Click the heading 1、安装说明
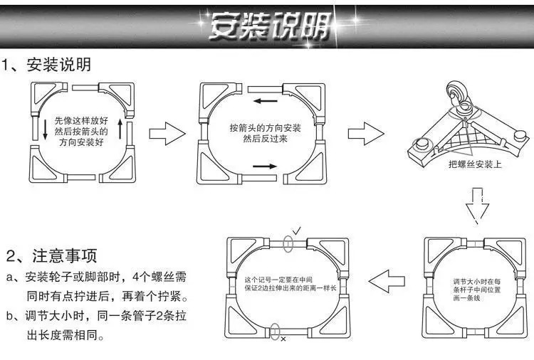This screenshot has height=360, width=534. click(x=48, y=65)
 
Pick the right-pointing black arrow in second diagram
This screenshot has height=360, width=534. click(x=263, y=166)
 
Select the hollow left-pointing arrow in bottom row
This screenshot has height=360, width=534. click(x=389, y=281)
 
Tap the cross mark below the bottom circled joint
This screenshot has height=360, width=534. click(x=283, y=340)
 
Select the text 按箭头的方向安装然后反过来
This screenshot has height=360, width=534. click(x=264, y=132)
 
